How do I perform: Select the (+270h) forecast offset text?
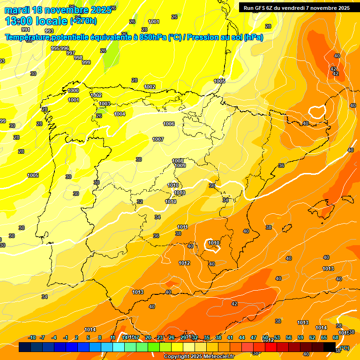tap(83, 21)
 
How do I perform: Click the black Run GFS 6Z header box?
tap(296, 7)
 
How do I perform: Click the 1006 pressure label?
tap(169, 124)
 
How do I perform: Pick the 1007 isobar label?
tap(158, 139)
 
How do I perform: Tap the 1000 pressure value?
tap(73, 90)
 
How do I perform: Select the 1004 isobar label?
tap(120, 114)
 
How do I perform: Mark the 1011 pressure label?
tap(183, 227)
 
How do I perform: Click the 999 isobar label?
tap(86, 62)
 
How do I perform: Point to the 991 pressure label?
tap(26, 30)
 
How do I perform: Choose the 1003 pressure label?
tap(105, 104)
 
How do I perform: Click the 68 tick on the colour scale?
tap(336, 337)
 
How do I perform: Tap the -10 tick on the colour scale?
tap(32, 337)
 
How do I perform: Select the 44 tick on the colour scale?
tap(242, 337)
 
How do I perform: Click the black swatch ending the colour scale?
tap(330, 347)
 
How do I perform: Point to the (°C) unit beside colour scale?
tap(344, 347)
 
